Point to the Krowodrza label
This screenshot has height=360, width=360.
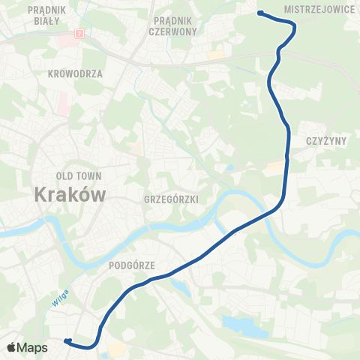74,73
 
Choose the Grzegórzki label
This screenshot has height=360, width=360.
170,199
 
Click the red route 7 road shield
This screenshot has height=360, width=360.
79,34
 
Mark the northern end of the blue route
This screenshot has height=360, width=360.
259,12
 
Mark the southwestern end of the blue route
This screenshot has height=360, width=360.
66,341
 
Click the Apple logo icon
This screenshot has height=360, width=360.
12,348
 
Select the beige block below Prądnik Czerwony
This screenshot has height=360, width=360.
215,55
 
